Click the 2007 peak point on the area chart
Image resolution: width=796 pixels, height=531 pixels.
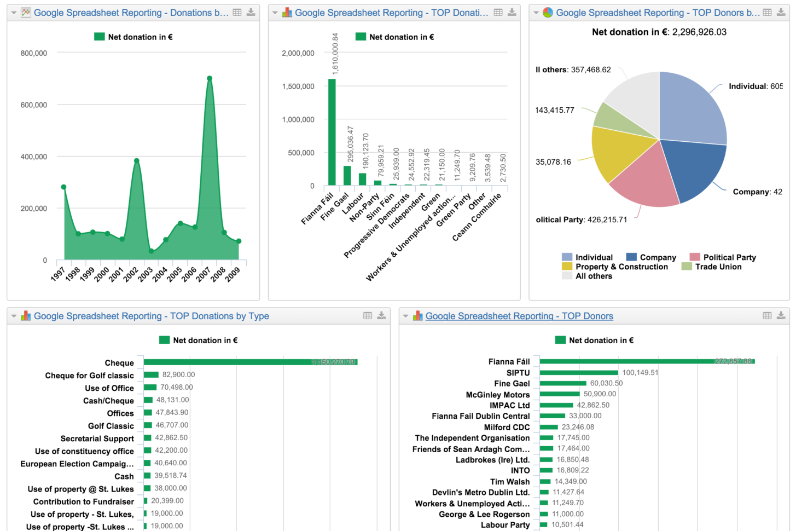210,78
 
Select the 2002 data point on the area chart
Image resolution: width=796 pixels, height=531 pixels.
137,161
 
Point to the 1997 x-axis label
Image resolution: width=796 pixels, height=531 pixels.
58,274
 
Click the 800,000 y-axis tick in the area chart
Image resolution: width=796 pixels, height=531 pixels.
34,53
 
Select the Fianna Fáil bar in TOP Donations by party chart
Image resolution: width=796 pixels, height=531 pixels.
332,132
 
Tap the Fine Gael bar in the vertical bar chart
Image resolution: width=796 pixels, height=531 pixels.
347,176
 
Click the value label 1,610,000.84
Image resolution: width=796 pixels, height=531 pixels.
335,54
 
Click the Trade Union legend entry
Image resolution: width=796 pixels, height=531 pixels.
718,267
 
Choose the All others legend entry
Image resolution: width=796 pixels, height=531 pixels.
593,276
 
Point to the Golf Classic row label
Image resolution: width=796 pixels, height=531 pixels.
111,426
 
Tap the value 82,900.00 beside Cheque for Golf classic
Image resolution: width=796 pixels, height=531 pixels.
178,375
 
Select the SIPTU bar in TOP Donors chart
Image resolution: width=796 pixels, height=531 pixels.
578,373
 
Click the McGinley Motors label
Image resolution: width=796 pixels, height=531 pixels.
497,395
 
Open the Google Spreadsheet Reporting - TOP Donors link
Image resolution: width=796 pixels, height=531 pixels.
519,316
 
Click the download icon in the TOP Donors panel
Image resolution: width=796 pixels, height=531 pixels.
781,316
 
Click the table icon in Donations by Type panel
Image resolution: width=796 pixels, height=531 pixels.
368,316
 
